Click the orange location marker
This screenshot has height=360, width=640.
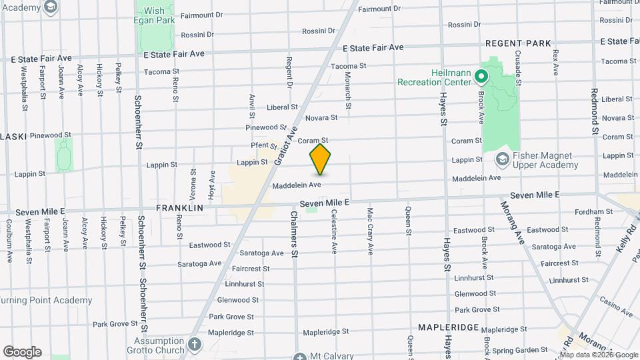click(320, 159)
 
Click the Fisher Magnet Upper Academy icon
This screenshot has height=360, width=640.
click(503, 159)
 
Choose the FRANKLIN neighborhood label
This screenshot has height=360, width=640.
click(179, 208)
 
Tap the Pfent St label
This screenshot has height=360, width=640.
click(263, 145)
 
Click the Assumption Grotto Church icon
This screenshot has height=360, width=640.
click(194, 345)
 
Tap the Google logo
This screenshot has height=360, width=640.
click(22, 351)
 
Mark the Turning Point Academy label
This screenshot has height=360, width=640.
click(46, 300)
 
